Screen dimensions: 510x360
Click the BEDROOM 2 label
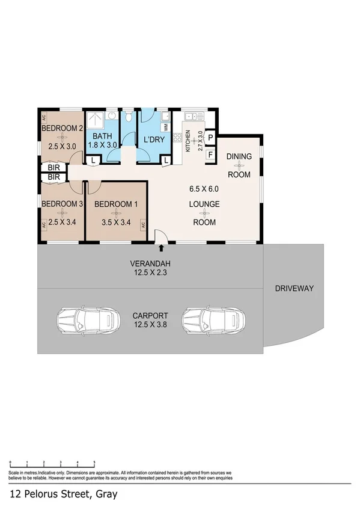(x=62, y=128)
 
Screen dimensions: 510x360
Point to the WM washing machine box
(x=165, y=127)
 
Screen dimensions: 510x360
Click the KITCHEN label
(x=188, y=141)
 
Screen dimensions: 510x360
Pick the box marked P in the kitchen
(x=210, y=138)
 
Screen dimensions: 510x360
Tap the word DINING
(x=239, y=156)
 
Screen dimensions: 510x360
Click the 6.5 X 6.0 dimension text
(x=204, y=188)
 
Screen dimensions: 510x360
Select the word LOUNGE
(x=204, y=204)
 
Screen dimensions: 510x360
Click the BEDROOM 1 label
(x=117, y=204)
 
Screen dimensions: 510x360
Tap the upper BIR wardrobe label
(x=53, y=168)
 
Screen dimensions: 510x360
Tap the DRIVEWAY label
(x=294, y=289)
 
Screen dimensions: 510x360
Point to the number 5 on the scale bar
(x=94, y=463)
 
